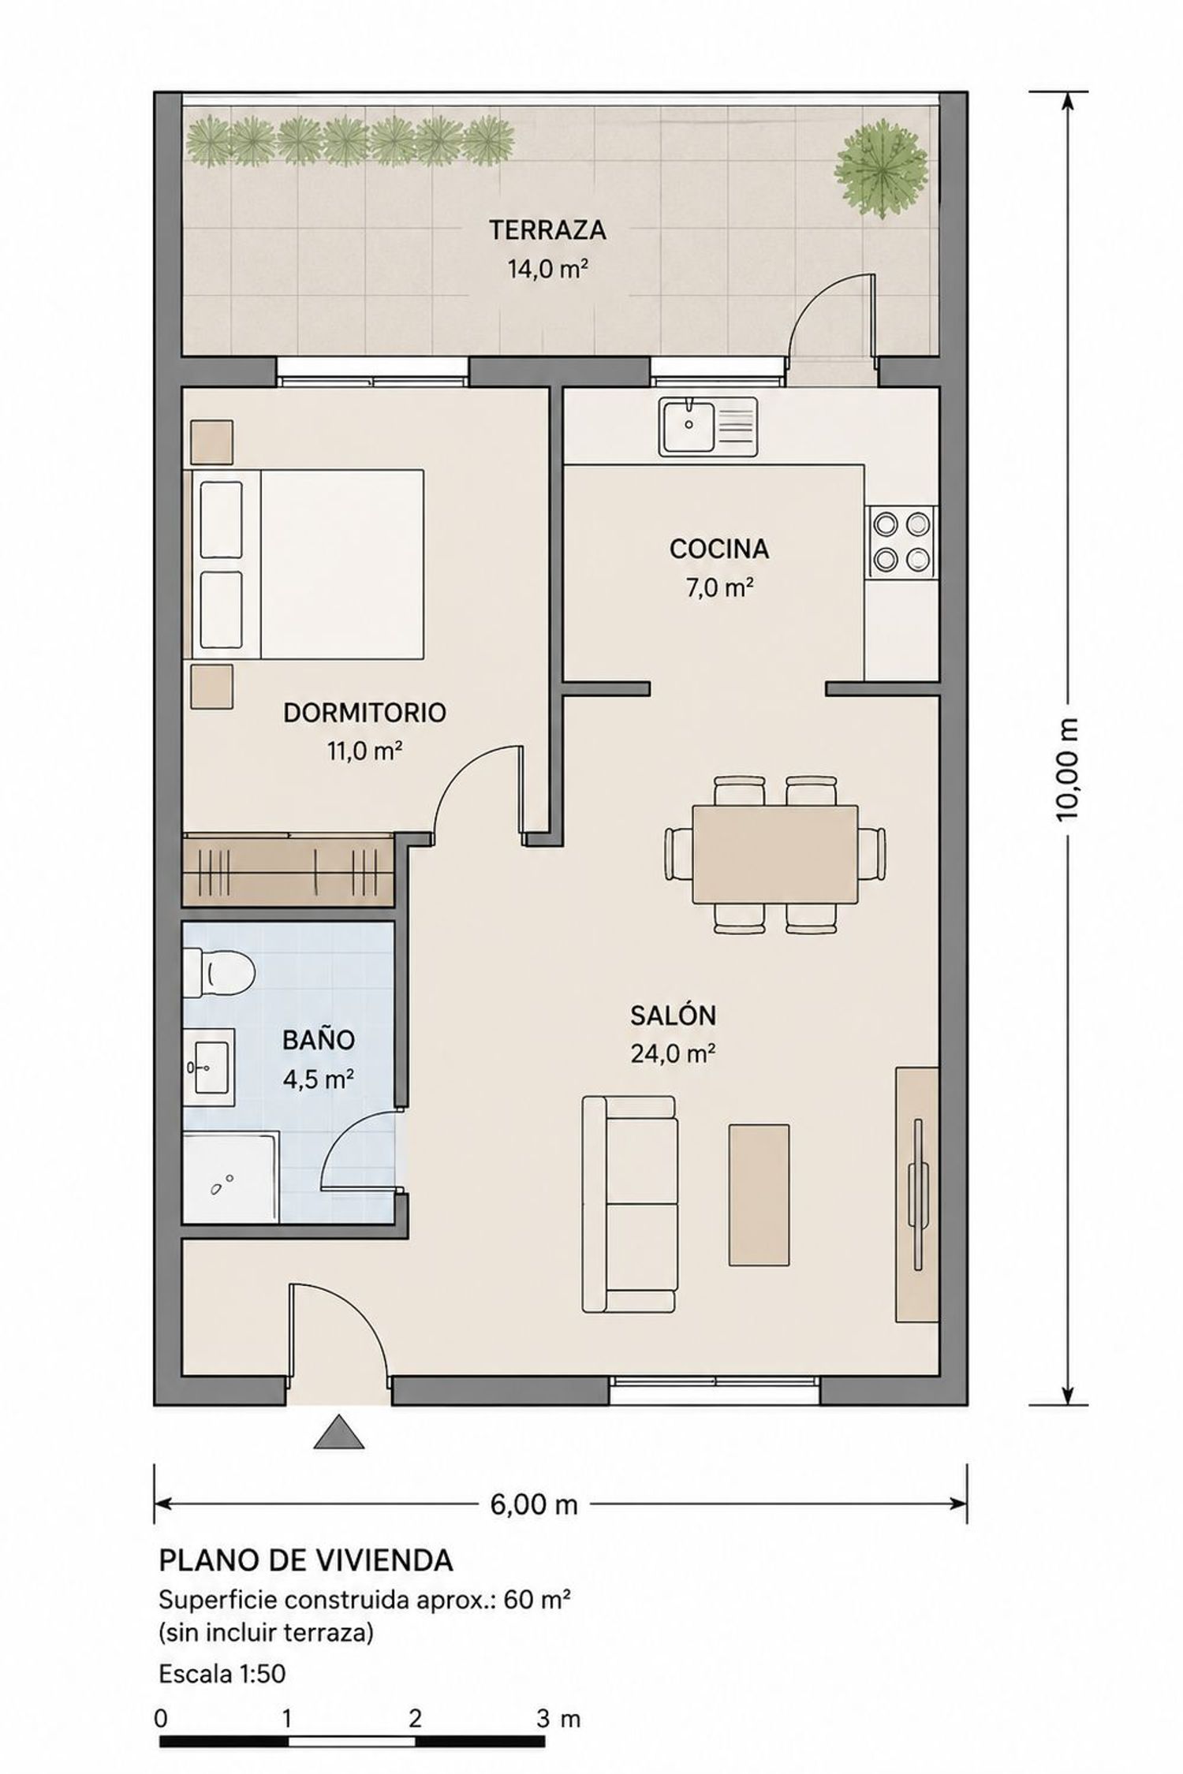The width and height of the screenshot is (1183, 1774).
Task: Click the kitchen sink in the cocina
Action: [707, 427]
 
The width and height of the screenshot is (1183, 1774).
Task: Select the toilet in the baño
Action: [218, 972]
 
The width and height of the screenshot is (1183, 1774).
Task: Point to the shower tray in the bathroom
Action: [230, 1177]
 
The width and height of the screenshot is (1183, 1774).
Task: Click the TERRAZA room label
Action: [547, 230]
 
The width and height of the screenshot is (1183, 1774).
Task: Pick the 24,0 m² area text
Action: [673, 1053]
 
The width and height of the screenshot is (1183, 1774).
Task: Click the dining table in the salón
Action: [775, 855]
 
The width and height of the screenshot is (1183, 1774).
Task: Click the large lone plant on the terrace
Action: [880, 167]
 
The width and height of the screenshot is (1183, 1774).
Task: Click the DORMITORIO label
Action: [364, 713]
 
